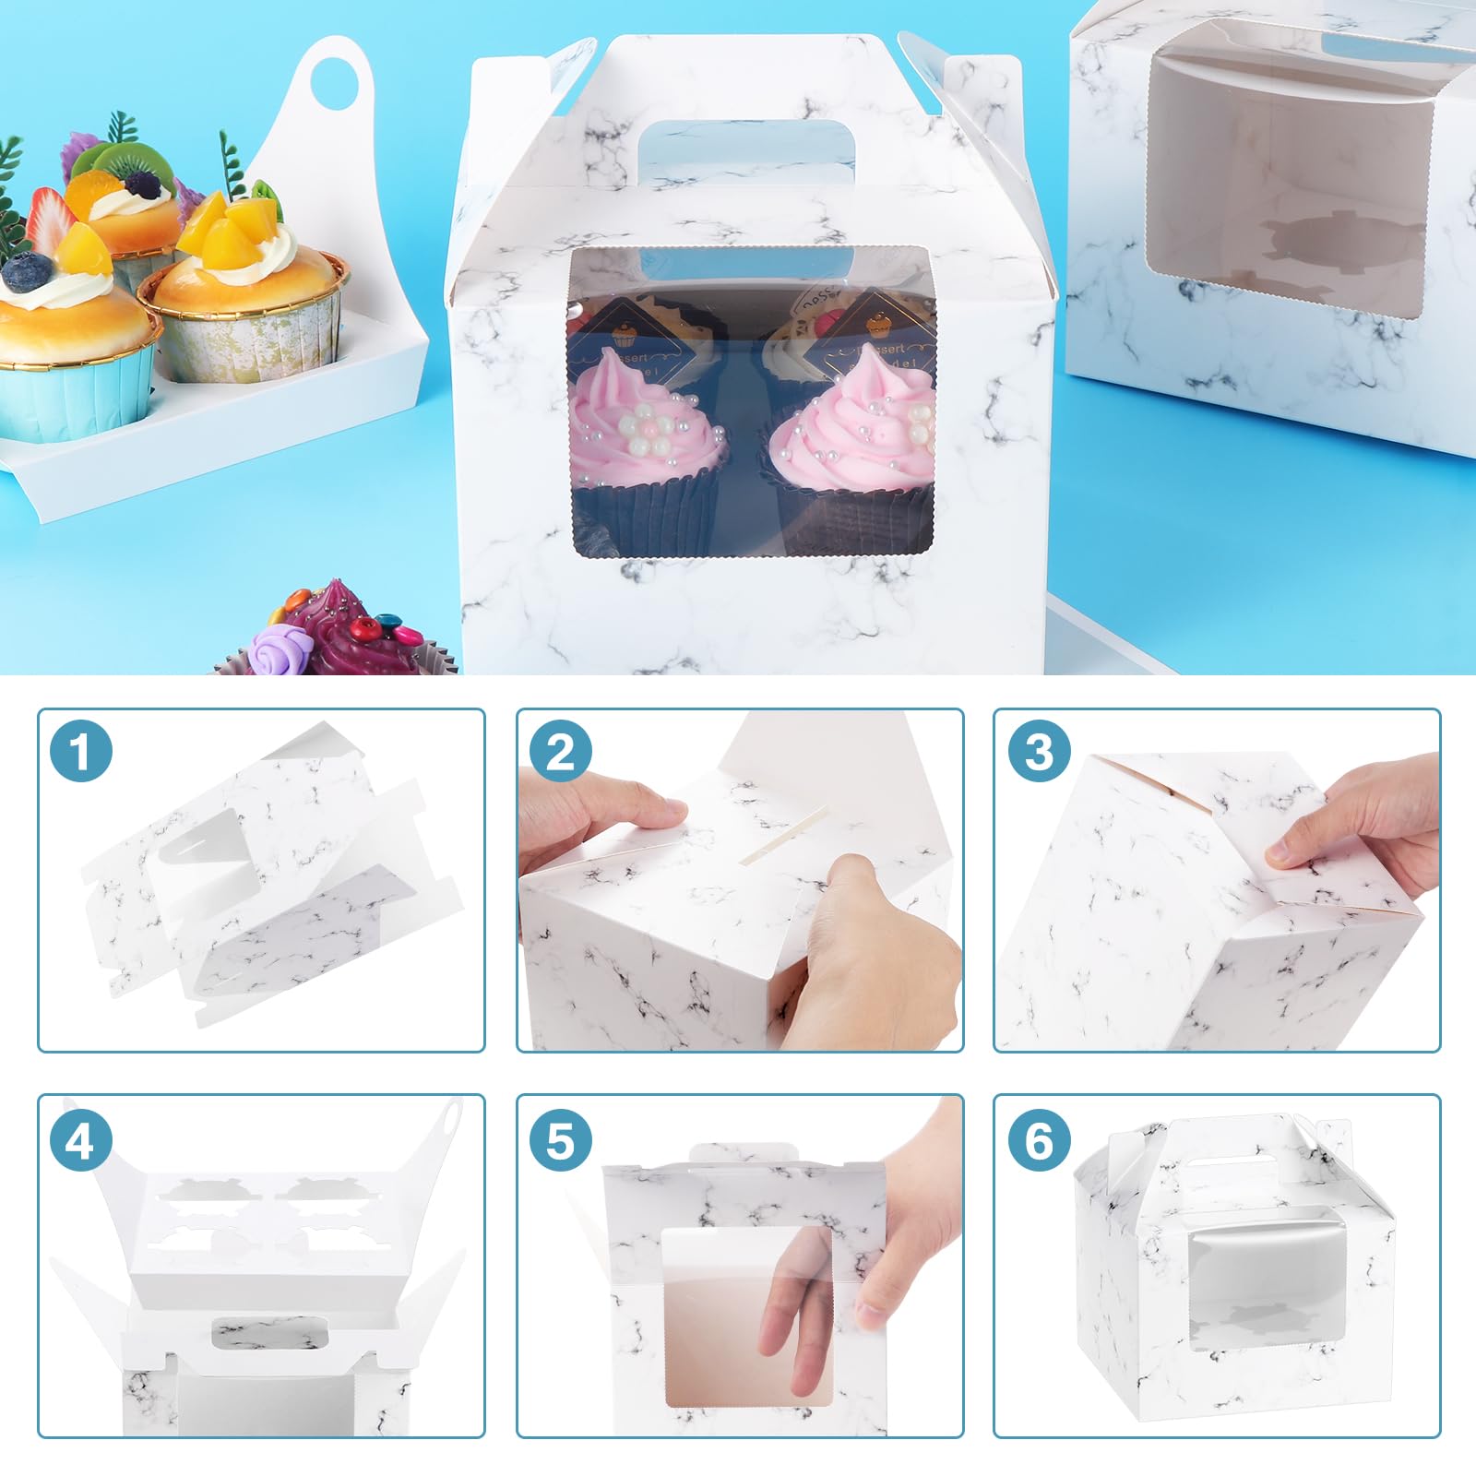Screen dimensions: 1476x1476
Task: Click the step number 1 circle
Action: tap(81, 752)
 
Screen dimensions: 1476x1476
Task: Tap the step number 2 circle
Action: tap(560, 752)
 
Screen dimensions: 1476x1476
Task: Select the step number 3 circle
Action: tap(1039, 752)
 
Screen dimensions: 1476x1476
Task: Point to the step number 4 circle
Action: tap(81, 1142)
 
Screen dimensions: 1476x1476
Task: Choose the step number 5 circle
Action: tap(560, 1142)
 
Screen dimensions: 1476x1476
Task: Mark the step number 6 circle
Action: tap(1039, 1142)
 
